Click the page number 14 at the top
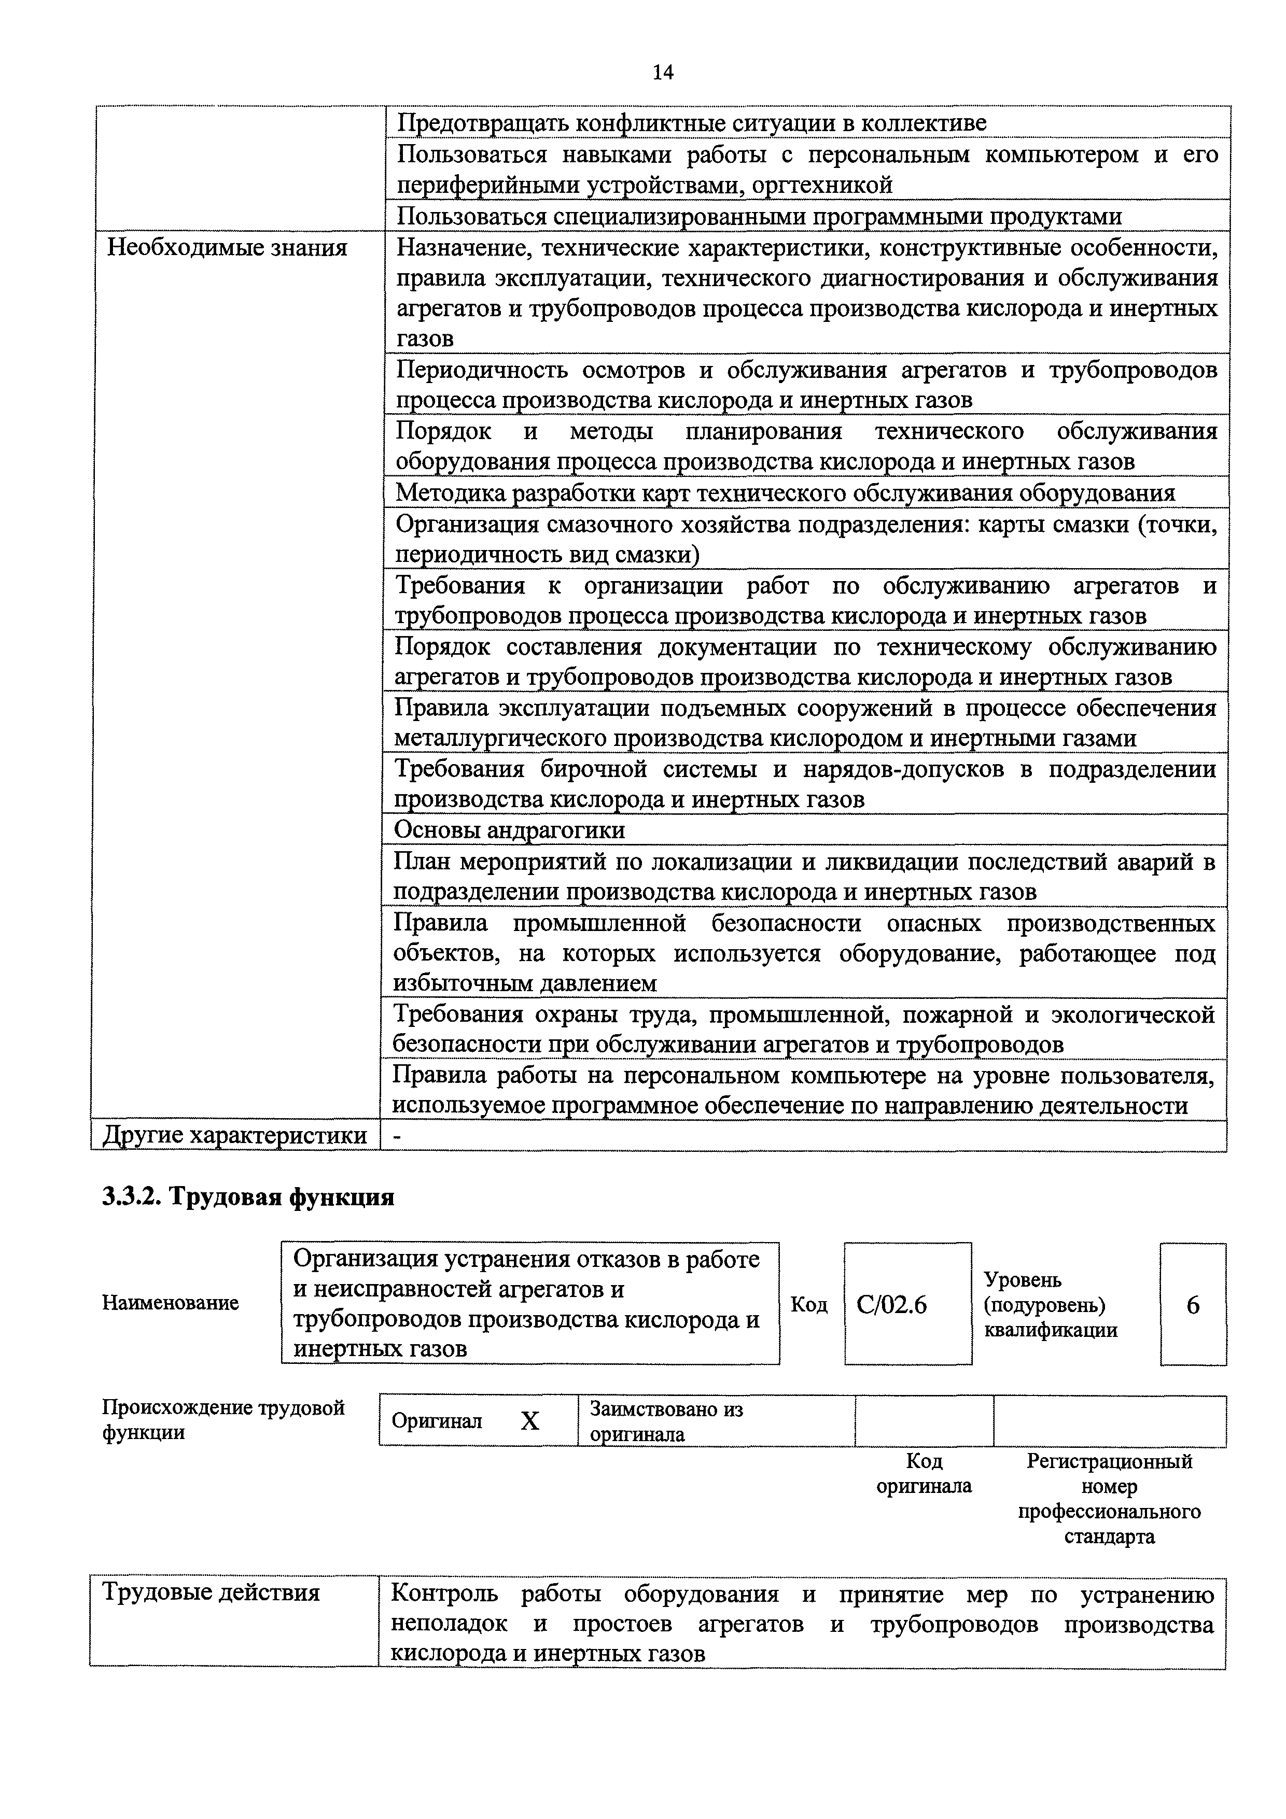click(x=662, y=73)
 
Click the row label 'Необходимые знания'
click(x=228, y=248)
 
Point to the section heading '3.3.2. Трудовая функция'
click(x=248, y=1196)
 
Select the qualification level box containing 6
click(x=1193, y=1304)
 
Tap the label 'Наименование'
click(x=171, y=1303)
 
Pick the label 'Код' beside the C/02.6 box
click(x=809, y=1304)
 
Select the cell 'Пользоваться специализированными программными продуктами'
click(x=759, y=216)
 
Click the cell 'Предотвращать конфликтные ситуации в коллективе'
click(x=692, y=123)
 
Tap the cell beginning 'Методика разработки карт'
click(x=785, y=493)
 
